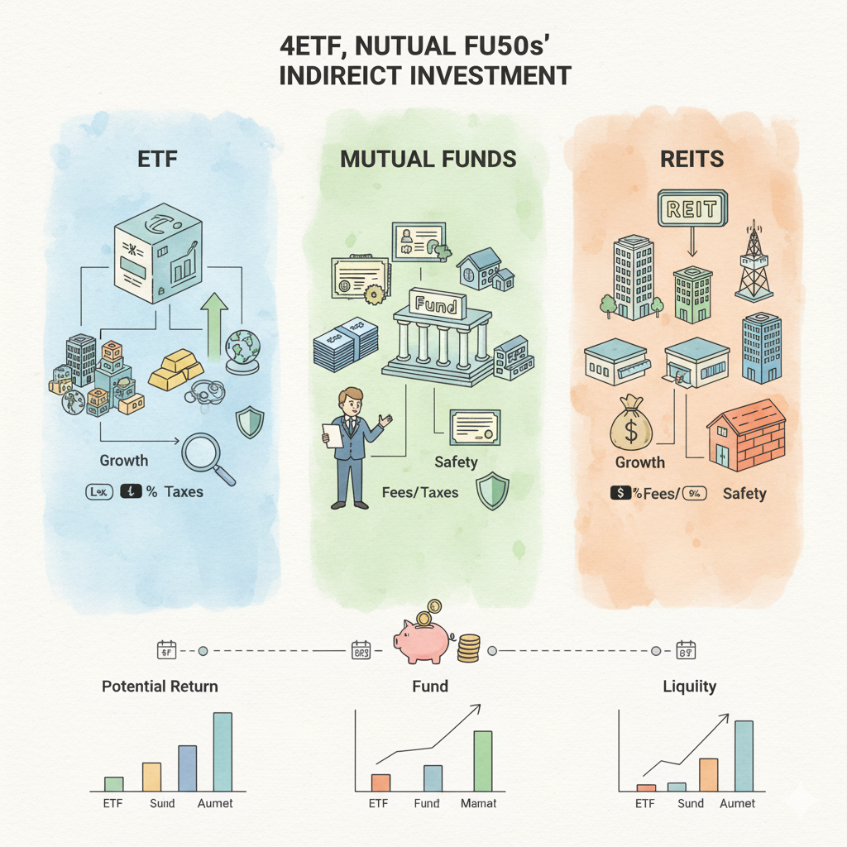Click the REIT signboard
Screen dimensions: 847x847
click(691, 208)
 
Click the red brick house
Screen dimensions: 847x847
click(746, 433)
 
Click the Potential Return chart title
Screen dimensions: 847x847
click(160, 686)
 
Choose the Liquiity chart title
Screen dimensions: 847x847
click(689, 686)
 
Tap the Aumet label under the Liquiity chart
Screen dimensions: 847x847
click(737, 803)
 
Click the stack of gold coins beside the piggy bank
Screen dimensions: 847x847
click(468, 647)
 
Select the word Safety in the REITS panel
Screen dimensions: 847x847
click(744, 494)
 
